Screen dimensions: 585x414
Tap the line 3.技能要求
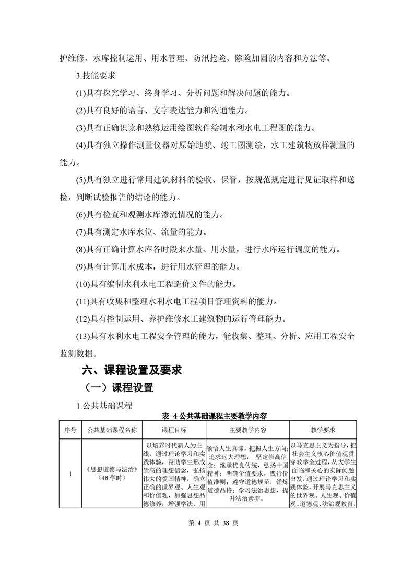pyautogui.click(x=99, y=76)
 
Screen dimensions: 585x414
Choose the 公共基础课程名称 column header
pyautogui.click(x=112, y=430)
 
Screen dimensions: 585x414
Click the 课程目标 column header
pyautogui.click(x=174, y=430)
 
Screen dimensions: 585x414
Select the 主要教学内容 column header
pyautogui.click(x=248, y=430)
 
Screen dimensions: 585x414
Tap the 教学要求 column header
pyautogui.click(x=323, y=430)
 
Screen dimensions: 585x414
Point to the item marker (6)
pyautogui.click(x=81, y=214)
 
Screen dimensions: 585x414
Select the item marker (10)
pyautogui.click(x=84, y=284)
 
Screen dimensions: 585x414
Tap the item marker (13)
pyautogui.click(x=84, y=336)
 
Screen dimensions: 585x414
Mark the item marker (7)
pyautogui.click(x=81, y=232)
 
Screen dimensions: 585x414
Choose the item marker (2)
pyautogui.click(x=81, y=111)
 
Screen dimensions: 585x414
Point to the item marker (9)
pyautogui.click(x=81, y=267)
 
